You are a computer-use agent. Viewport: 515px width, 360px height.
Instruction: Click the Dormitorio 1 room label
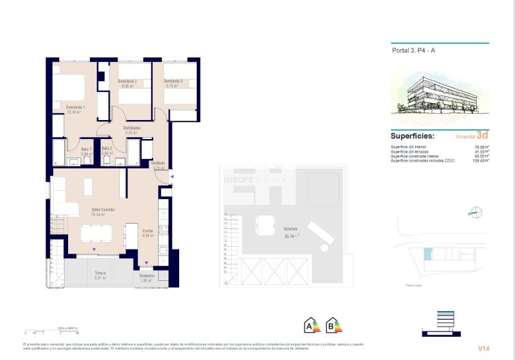tap(74, 107)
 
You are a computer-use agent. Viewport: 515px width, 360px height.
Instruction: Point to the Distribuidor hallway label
tap(131, 127)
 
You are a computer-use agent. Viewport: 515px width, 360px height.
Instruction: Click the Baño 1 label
tap(86, 149)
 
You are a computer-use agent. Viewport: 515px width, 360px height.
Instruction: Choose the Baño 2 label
tap(106, 149)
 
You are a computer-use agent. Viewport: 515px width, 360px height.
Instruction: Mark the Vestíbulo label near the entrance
tap(158, 163)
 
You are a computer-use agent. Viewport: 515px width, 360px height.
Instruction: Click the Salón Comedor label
tap(103, 209)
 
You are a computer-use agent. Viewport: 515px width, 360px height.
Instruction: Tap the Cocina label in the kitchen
tap(147, 230)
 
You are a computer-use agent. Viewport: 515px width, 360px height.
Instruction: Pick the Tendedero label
tap(147, 275)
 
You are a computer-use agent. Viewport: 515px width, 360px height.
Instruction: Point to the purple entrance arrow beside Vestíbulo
tap(172, 177)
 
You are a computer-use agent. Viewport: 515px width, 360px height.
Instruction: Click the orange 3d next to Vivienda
tap(483, 135)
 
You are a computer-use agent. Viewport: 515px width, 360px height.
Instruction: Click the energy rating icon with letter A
tap(313, 326)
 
